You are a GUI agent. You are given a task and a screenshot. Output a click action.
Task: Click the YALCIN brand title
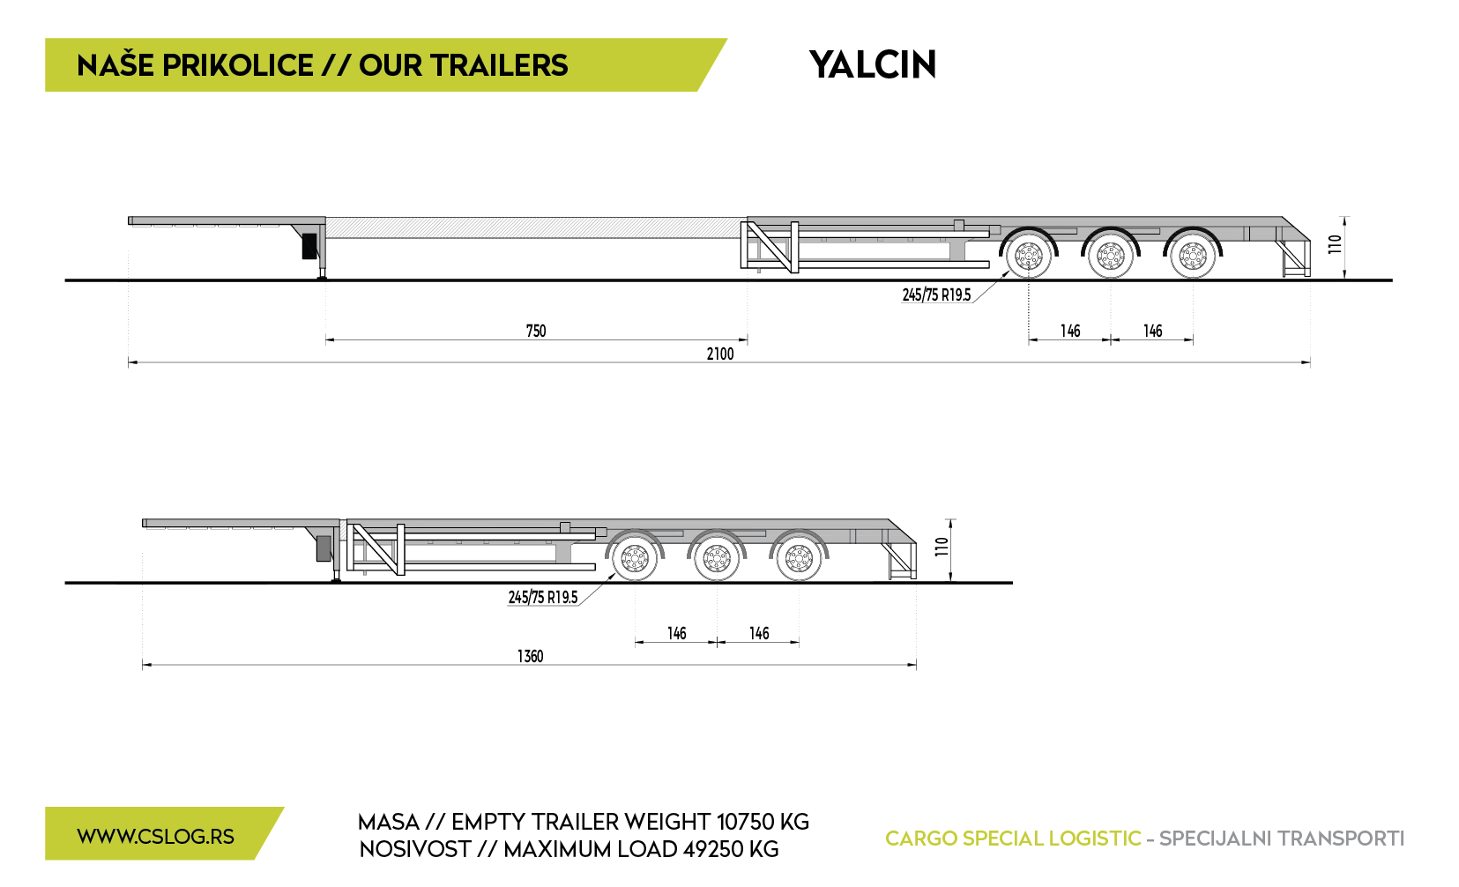click(x=872, y=64)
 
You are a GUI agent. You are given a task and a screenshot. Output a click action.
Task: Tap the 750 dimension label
click(x=536, y=331)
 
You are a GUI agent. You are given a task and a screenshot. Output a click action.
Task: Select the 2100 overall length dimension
click(x=719, y=354)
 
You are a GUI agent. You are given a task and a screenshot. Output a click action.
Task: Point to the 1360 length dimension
click(x=530, y=657)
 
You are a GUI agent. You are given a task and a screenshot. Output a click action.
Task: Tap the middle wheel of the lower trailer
click(x=717, y=558)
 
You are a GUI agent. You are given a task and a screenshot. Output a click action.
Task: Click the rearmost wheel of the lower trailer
click(x=799, y=558)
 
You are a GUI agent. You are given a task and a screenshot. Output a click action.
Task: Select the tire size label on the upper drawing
click(x=936, y=295)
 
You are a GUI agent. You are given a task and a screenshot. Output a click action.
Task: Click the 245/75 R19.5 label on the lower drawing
click(x=542, y=598)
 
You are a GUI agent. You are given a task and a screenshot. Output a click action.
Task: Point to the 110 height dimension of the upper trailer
click(x=1336, y=244)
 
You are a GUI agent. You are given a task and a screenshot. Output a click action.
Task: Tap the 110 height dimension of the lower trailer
click(x=942, y=547)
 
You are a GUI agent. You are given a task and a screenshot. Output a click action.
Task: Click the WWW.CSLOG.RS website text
click(x=156, y=837)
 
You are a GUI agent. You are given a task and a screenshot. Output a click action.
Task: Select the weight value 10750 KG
click(x=763, y=822)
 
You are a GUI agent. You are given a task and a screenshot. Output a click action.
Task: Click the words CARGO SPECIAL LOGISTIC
click(x=1013, y=839)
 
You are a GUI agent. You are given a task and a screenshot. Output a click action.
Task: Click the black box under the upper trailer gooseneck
click(x=309, y=245)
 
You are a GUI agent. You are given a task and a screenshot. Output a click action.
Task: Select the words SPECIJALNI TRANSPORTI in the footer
click(x=1282, y=839)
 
